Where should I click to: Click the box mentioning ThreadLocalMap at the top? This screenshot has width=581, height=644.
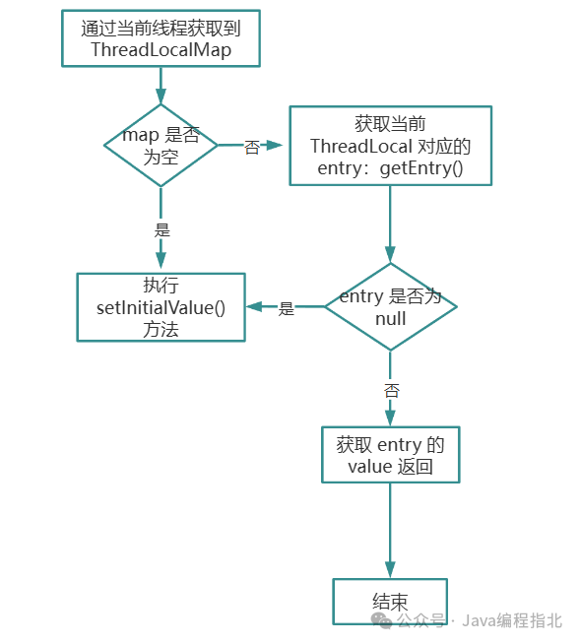click(161, 39)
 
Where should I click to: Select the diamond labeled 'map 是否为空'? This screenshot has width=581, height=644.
click(161, 146)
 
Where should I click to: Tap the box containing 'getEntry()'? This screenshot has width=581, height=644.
click(390, 146)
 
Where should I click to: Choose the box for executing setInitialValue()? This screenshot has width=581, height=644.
click(161, 307)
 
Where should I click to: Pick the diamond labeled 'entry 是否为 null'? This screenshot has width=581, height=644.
click(390, 307)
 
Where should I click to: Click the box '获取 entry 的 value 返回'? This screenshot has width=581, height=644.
click(390, 455)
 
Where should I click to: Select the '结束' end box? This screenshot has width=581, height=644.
click(390, 601)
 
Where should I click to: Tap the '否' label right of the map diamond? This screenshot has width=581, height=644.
click(252, 147)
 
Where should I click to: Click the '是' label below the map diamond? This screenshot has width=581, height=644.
click(161, 229)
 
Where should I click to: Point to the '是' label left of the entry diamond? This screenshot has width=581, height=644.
click(286, 308)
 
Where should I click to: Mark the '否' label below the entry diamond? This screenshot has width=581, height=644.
click(391, 390)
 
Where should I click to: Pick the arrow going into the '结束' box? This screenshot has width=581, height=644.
click(390, 532)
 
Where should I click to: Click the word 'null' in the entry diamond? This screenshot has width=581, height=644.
click(390, 319)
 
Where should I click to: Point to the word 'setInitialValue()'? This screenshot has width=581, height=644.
click(161, 307)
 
